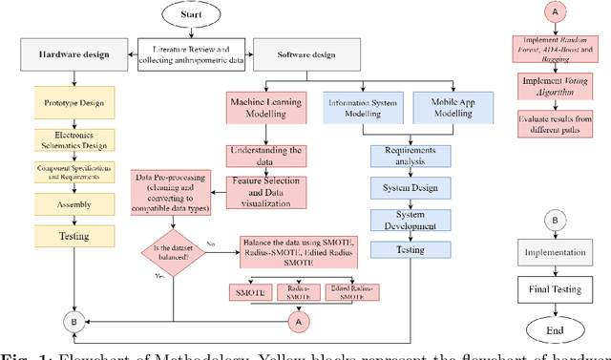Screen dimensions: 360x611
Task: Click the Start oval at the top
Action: pyautogui.click(x=196, y=17)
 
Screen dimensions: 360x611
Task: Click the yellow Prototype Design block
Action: pyautogui.click(x=74, y=100)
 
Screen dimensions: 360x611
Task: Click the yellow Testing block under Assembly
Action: pyautogui.click(x=74, y=234)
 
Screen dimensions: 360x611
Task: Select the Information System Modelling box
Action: pyautogui.click(x=363, y=106)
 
